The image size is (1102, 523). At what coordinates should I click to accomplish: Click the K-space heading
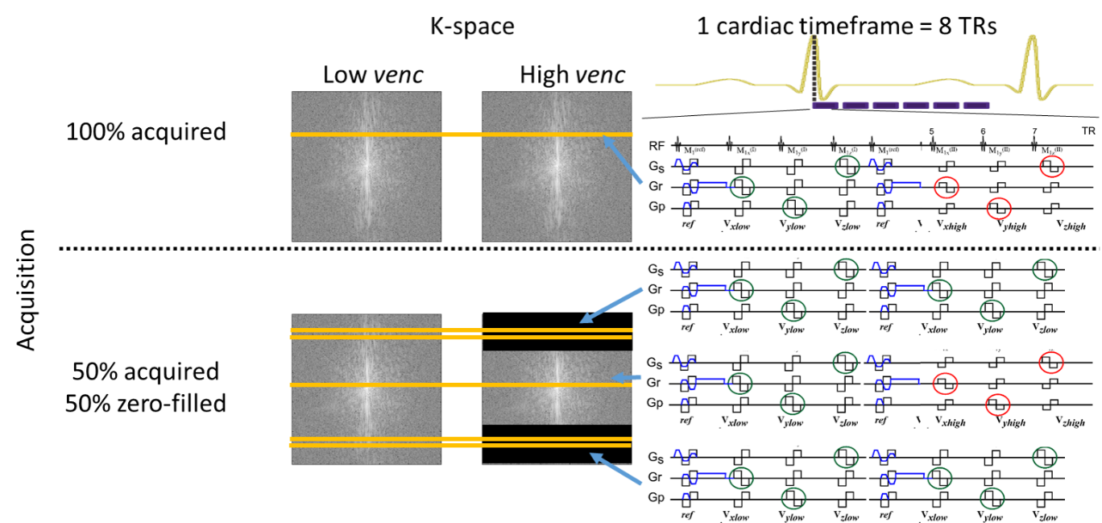pyautogui.click(x=471, y=27)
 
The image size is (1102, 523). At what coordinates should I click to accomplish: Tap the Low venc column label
pyautogui.click(x=372, y=75)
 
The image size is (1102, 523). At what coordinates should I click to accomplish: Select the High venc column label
pyautogui.click(x=572, y=75)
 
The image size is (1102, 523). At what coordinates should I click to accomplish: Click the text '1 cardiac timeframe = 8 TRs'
pyautogui.click(x=847, y=26)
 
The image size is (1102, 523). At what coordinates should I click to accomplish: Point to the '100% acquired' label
pyautogui.click(x=146, y=131)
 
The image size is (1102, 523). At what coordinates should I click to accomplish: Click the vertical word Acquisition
pyautogui.click(x=27, y=290)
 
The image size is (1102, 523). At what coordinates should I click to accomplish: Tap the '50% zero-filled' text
pyautogui.click(x=146, y=401)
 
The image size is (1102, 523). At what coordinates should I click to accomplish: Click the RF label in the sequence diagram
pyautogui.click(x=658, y=146)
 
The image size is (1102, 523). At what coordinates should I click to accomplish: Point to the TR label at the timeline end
pyautogui.click(x=1088, y=131)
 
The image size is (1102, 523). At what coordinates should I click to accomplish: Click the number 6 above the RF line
pyautogui.click(x=983, y=131)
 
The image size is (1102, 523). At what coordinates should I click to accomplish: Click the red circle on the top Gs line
pyautogui.click(x=1051, y=167)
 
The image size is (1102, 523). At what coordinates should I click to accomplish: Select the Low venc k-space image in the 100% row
pyautogui.click(x=367, y=161)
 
